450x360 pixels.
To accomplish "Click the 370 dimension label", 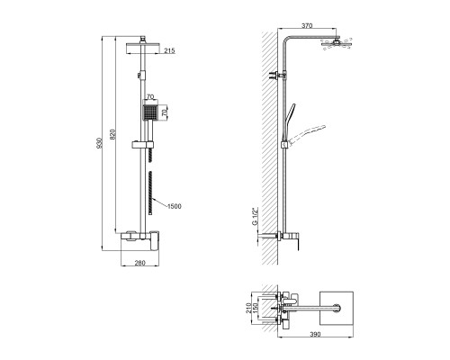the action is point(307,25).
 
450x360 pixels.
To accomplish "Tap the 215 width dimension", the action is point(169,50).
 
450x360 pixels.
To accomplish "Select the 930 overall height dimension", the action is point(100,143).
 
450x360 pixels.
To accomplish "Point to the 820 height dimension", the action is point(112,135).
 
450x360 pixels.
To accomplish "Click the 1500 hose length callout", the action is point(174,206).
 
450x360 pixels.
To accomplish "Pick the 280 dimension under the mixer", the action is point(139,263).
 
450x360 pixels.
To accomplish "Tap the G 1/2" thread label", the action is point(255,216).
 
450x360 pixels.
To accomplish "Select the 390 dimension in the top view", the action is point(315,334).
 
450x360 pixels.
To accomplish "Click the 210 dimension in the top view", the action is point(248,308).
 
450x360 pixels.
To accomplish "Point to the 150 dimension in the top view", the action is point(255,308).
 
